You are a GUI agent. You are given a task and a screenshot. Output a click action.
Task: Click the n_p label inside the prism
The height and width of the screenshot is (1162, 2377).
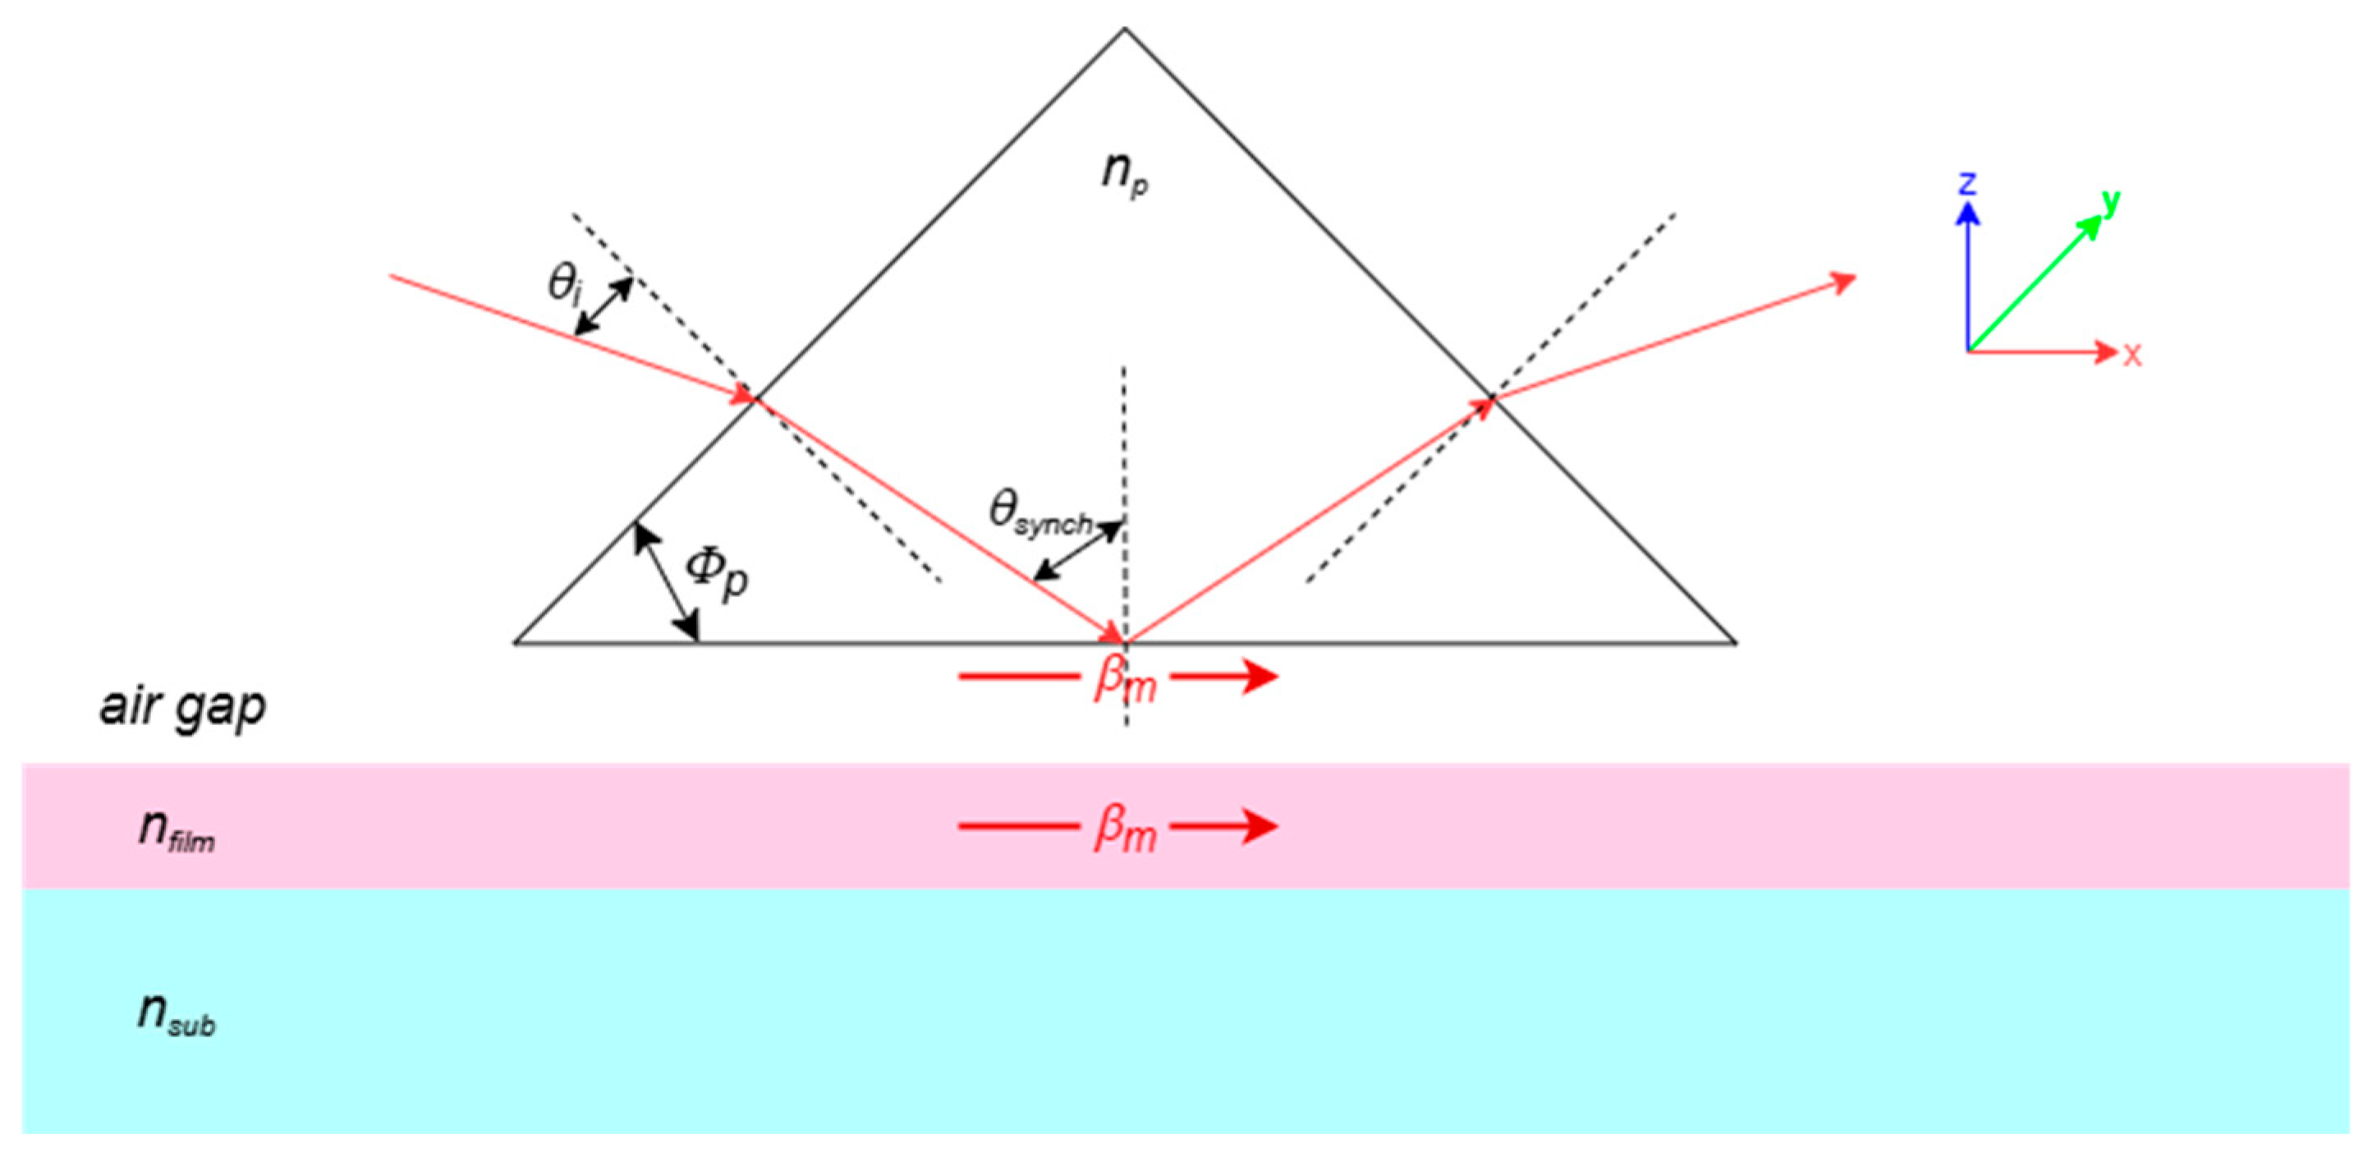[1125, 173]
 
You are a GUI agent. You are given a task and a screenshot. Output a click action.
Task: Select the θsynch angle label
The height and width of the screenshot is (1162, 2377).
[1039, 512]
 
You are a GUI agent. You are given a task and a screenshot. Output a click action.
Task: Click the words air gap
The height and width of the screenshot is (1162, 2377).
[183, 708]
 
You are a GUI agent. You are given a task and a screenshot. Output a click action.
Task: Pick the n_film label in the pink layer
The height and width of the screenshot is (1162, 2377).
[177, 829]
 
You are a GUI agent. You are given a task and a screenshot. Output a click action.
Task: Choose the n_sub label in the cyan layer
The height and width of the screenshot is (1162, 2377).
[177, 1013]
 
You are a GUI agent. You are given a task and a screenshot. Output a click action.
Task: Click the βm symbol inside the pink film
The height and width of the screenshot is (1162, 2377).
[1125, 829]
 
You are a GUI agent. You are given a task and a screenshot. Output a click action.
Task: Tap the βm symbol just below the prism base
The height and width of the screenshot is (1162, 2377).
[1125, 681]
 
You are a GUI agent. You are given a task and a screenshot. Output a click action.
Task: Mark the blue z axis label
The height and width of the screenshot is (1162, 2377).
[1967, 184]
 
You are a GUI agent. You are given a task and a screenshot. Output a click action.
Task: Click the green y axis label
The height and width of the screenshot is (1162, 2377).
[2110, 200]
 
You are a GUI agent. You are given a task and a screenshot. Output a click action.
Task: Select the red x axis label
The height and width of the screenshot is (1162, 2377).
[2132, 355]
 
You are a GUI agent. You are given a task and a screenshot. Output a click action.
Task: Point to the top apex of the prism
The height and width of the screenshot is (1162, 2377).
[1124, 30]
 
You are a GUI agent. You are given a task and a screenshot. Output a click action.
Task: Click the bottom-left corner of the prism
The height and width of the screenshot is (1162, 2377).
[516, 641]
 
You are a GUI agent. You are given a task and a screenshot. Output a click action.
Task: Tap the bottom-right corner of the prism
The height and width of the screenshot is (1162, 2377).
[1736, 641]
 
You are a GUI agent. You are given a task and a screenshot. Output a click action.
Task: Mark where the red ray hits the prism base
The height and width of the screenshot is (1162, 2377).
[1125, 641]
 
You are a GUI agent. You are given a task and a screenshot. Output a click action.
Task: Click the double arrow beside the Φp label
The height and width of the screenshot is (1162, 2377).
[665, 581]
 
